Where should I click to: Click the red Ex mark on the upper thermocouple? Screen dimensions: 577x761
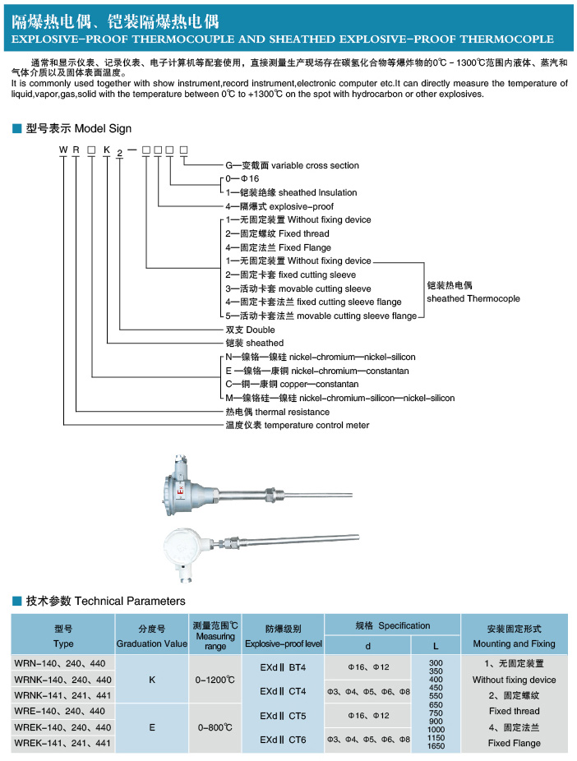(x=181, y=491)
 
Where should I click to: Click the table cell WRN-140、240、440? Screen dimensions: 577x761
(x=60, y=663)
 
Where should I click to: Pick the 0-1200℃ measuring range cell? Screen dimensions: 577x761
(x=215, y=680)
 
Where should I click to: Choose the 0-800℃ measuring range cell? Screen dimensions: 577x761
(x=215, y=727)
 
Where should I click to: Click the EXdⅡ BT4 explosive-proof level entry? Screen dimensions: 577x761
(x=283, y=667)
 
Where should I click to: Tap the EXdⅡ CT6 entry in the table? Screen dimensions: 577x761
(x=283, y=740)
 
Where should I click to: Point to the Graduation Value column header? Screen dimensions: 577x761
(x=152, y=643)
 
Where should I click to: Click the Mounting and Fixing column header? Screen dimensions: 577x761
(x=514, y=643)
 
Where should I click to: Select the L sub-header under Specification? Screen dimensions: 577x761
(x=436, y=646)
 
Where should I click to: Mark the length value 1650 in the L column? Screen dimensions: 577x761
(x=436, y=746)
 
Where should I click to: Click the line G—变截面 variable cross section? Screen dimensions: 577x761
(x=292, y=165)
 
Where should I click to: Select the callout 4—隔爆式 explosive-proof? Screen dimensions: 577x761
(x=279, y=206)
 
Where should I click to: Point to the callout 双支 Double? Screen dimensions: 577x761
(x=250, y=330)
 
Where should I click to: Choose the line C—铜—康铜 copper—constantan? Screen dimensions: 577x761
(x=292, y=385)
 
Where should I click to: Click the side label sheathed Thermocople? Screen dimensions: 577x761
(x=473, y=298)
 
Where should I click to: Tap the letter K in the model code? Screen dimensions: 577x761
(x=107, y=150)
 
